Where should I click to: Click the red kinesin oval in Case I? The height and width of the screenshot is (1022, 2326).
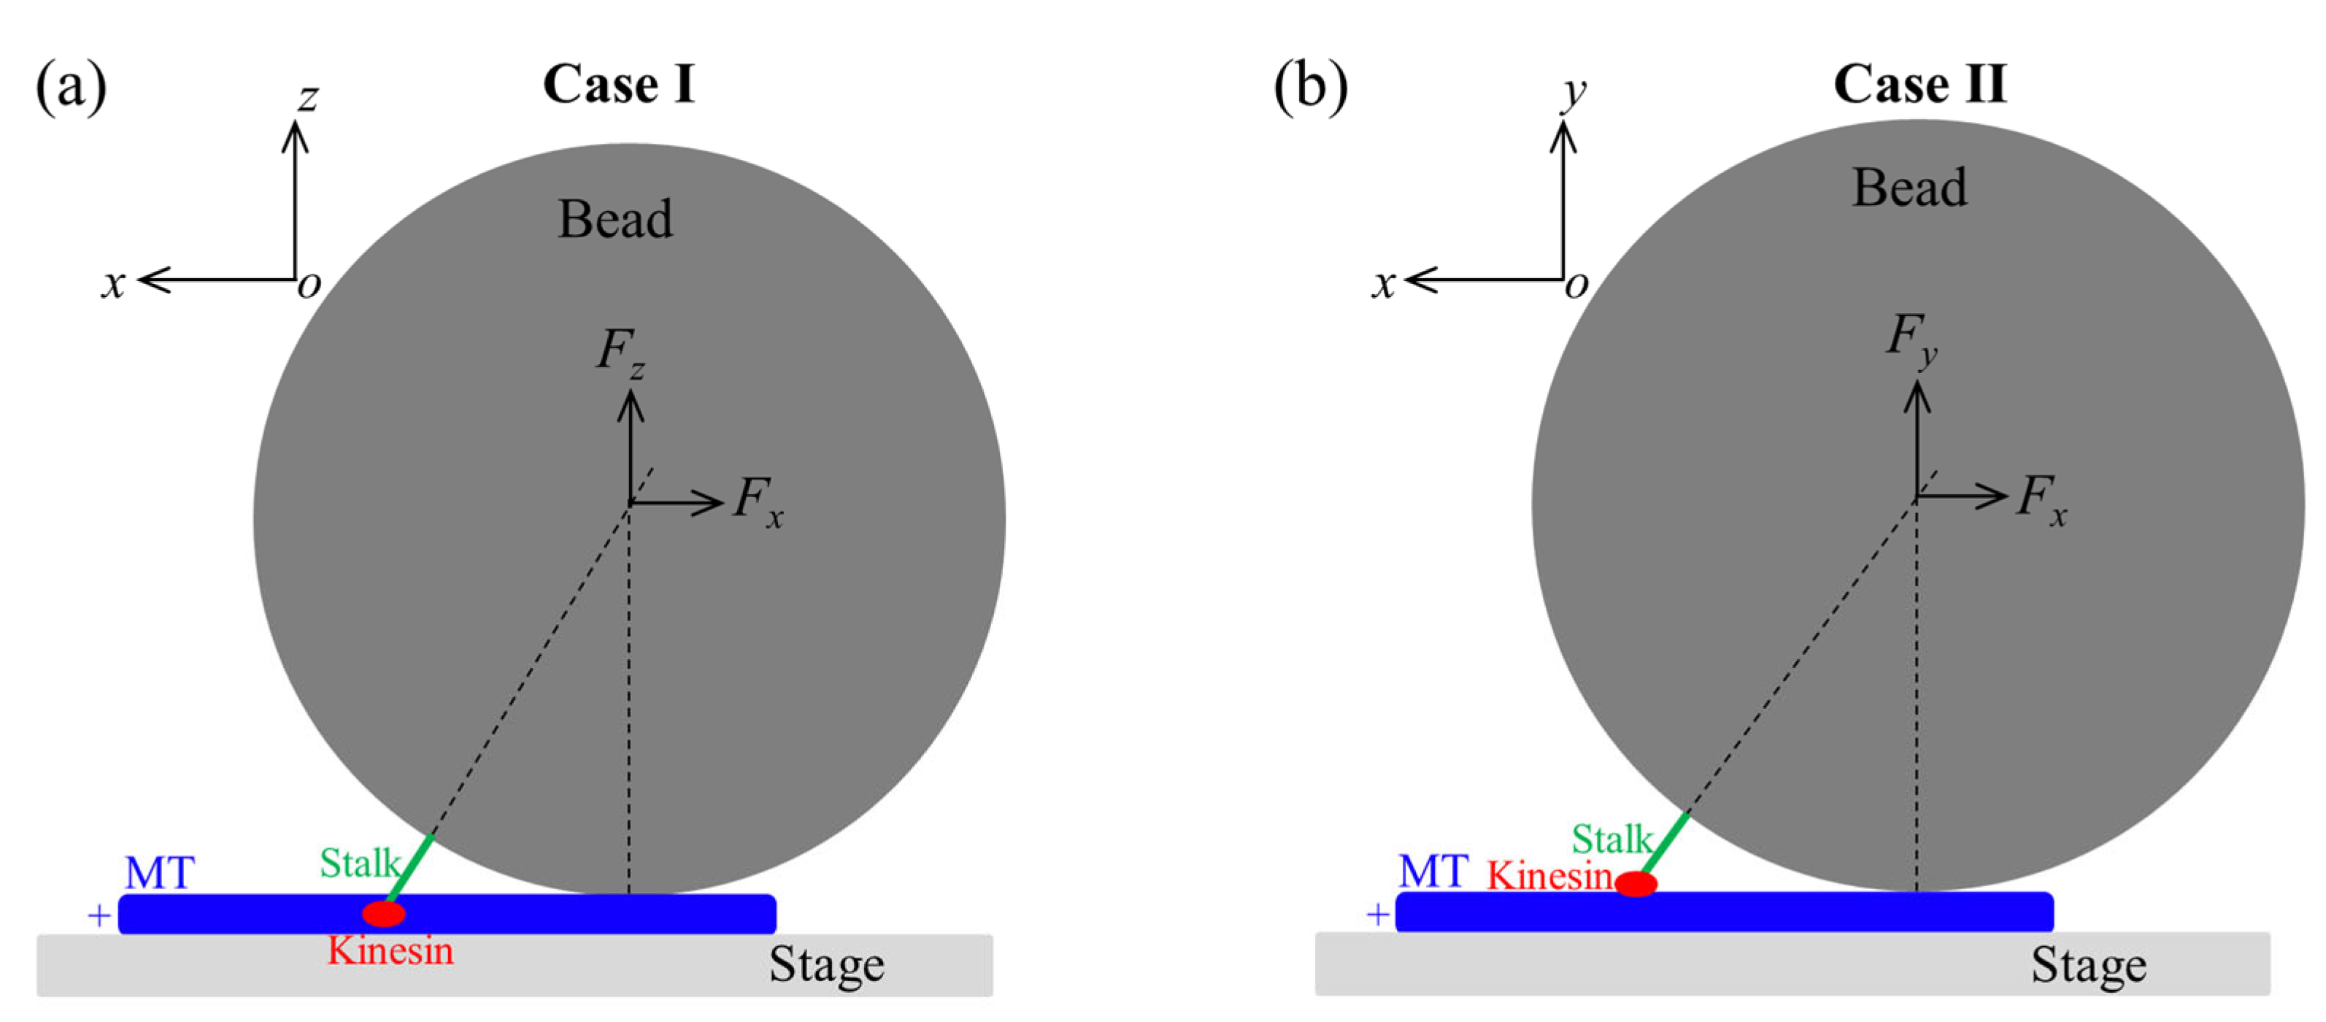click(384, 914)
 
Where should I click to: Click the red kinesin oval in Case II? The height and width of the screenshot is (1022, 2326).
click(1636, 883)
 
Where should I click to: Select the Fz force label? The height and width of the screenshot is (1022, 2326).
click(620, 352)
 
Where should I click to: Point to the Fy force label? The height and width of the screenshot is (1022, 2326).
click(1911, 339)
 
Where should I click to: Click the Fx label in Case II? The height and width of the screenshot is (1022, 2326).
click(2041, 499)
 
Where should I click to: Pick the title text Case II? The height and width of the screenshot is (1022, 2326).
click(1919, 85)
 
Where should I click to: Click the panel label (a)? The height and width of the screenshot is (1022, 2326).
click(71, 87)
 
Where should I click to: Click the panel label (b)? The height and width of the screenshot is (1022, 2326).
click(1310, 87)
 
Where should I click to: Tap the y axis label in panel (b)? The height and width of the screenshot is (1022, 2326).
click(1575, 92)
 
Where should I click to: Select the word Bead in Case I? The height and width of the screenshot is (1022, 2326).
click(615, 220)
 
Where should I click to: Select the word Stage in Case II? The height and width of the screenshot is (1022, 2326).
click(2089, 965)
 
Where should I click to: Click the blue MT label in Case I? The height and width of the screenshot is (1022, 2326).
click(159, 873)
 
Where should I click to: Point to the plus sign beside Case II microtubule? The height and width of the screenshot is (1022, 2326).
click(1378, 915)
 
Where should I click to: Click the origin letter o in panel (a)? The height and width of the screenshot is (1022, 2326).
click(309, 285)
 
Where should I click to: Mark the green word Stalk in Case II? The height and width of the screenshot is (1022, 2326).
click(1611, 839)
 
